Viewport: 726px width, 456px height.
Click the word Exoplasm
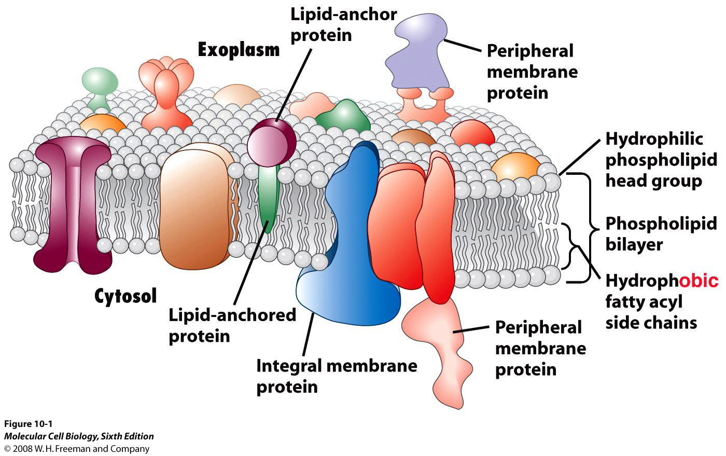point(239,51)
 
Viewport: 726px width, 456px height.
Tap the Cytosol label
point(125,296)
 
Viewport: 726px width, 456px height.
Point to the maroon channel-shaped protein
point(73,204)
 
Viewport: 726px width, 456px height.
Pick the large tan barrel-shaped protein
point(196,206)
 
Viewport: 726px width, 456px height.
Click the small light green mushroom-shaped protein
point(100,88)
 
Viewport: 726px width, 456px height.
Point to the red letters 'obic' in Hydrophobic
point(698,281)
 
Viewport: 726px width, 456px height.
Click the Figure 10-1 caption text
point(28,424)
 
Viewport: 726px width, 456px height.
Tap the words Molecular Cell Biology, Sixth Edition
point(79,436)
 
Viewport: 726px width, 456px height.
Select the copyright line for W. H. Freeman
point(77,449)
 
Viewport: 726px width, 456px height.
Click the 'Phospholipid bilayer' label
point(661,234)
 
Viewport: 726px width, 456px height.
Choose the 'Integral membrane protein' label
point(337,376)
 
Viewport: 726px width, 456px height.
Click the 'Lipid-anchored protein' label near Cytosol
point(232,325)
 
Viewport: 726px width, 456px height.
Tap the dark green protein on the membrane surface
point(343,117)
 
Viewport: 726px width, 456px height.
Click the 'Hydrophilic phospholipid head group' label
point(661,160)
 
